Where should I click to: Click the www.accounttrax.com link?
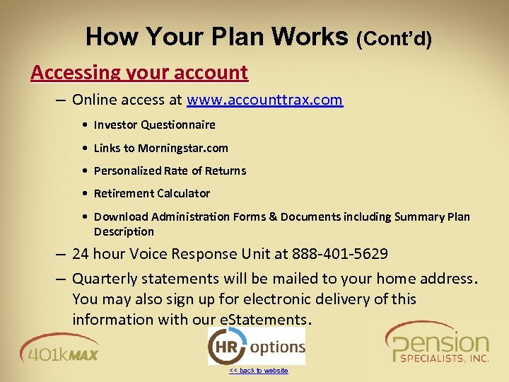click(x=264, y=100)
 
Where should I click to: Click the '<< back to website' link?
click(x=258, y=371)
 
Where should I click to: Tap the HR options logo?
click(x=256, y=347)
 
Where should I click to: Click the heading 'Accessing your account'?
click(x=139, y=72)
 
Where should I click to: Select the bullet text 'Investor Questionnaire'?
click(x=155, y=125)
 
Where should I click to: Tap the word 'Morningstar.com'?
click(x=183, y=148)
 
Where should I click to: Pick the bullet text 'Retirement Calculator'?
click(x=152, y=193)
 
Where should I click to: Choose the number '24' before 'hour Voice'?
click(x=81, y=254)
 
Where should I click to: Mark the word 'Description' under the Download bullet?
click(x=124, y=232)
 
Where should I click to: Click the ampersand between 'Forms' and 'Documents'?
click(x=273, y=216)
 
